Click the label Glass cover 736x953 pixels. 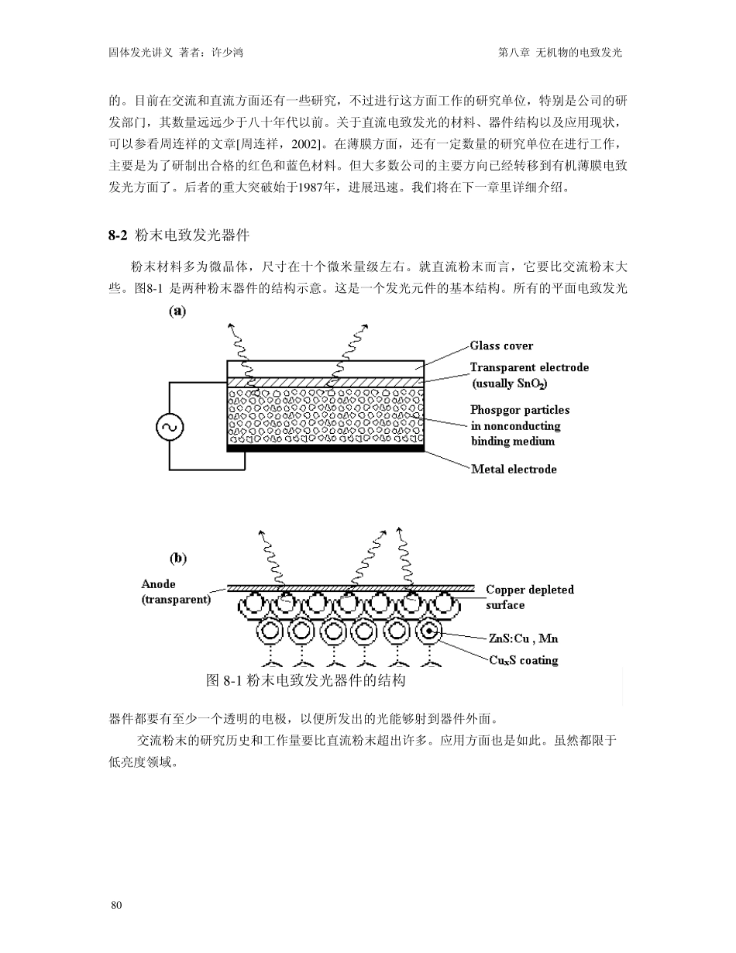(x=501, y=346)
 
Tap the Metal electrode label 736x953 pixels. (x=514, y=469)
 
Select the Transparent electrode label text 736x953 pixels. (x=529, y=367)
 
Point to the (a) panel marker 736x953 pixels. (x=177, y=311)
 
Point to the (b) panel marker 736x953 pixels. (x=177, y=557)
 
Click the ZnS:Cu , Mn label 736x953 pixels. (x=523, y=638)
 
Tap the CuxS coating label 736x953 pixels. (x=524, y=660)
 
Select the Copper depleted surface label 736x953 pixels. (x=530, y=597)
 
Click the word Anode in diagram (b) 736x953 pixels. (x=158, y=584)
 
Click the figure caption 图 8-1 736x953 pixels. (x=224, y=681)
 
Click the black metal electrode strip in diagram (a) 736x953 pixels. (x=325, y=448)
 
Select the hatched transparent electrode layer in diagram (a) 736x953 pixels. (x=325, y=382)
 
